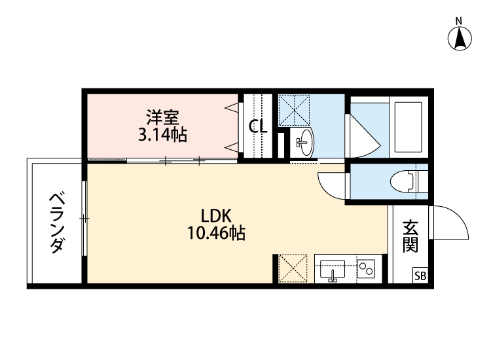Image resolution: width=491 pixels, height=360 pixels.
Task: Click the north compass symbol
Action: pos(460,38)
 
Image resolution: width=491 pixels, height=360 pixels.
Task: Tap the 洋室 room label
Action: pos(163,119)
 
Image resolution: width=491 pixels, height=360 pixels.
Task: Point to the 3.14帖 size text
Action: pos(163,135)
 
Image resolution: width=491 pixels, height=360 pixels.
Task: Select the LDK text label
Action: pos(217,215)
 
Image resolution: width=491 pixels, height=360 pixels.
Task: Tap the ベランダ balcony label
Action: pos(58,222)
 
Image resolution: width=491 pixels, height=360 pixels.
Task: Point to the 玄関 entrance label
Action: pos(410,236)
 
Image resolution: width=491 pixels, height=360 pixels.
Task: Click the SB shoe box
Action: pos(419,276)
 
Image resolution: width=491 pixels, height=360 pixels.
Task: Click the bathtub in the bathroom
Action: pos(409,127)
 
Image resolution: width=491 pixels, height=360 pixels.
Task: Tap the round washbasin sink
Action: pos(304,139)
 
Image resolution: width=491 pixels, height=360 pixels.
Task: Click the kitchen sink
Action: pos(333,269)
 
